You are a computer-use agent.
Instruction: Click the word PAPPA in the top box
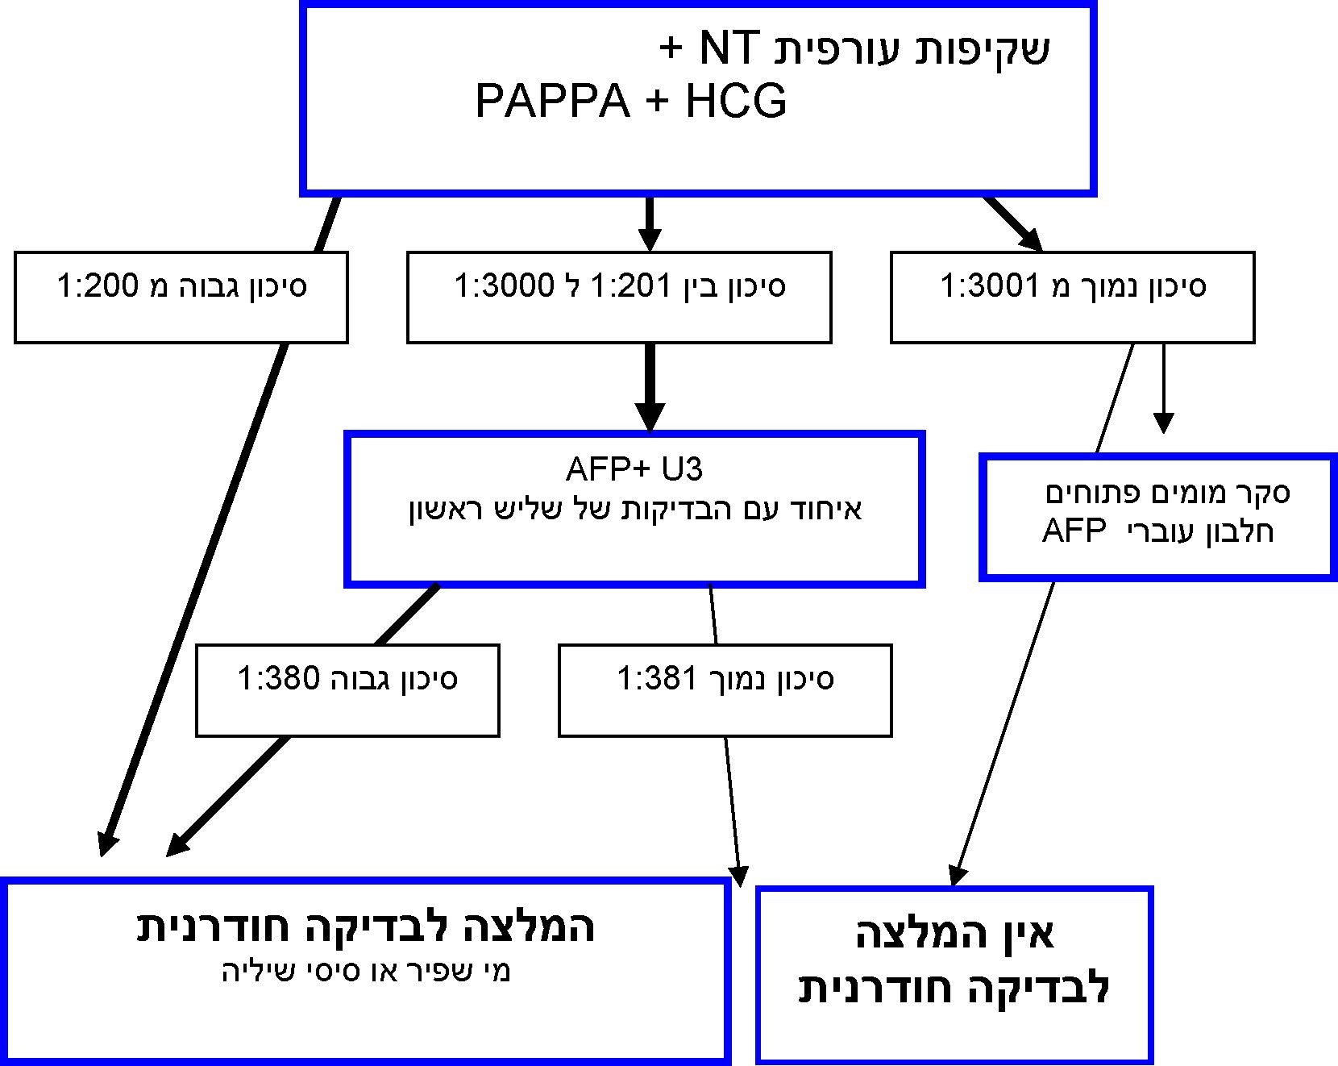552,102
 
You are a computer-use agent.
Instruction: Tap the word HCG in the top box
735,102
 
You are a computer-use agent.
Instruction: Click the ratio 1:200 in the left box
98,285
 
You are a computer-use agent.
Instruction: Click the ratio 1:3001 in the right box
991,285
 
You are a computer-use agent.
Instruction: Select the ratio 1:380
279,678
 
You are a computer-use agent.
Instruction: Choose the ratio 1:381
657,678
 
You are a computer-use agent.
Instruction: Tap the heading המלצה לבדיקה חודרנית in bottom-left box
366,927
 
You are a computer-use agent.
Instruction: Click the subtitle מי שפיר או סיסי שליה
366,972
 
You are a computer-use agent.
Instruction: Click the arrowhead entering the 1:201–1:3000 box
650,239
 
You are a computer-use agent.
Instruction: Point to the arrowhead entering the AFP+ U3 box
650,418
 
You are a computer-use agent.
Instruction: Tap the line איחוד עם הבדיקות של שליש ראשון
635,510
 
